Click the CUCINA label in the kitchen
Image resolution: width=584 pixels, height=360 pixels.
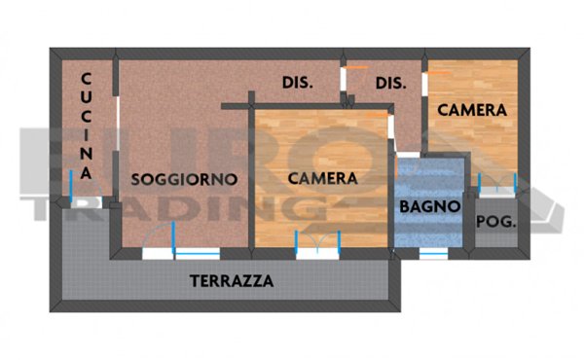86,126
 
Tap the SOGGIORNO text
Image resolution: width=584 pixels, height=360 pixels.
184,179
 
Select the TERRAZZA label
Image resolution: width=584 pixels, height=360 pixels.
231,282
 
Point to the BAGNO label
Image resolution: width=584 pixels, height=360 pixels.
429,207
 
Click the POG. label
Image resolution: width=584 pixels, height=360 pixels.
495,221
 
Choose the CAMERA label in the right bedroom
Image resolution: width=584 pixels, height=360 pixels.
472,111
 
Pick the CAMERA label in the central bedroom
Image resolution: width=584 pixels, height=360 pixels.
323,179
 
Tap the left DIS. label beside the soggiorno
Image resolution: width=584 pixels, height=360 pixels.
297,83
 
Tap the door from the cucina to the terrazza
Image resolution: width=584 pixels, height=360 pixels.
72,200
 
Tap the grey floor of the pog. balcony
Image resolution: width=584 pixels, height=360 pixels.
495,238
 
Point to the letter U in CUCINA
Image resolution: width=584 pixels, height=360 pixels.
86,100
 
